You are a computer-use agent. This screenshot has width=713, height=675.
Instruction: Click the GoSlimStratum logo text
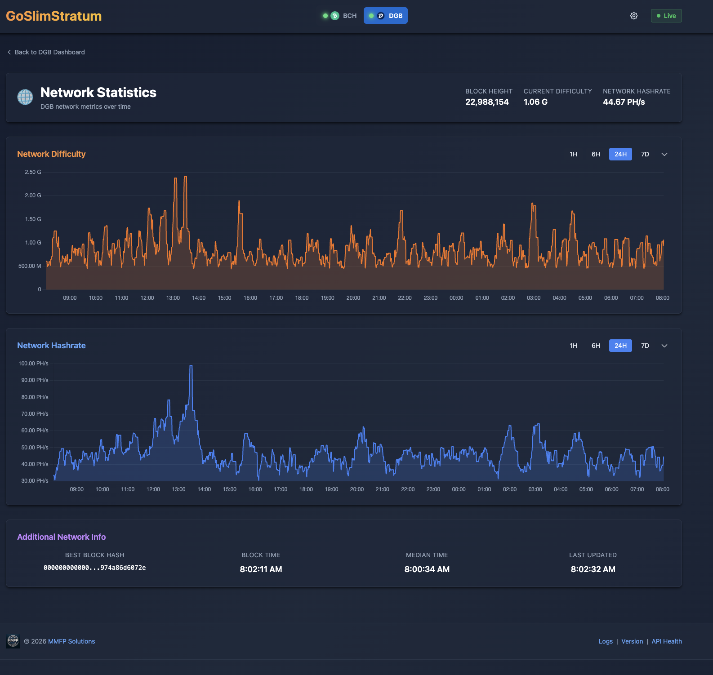pyautogui.click(x=53, y=16)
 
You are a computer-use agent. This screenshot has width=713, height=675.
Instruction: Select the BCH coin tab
pyautogui.click(x=340, y=16)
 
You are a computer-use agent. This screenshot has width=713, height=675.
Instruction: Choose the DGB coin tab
pyautogui.click(x=386, y=16)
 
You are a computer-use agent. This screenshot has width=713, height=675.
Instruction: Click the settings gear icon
pyautogui.click(x=633, y=16)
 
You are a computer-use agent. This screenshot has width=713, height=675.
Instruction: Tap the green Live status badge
pyautogui.click(x=666, y=16)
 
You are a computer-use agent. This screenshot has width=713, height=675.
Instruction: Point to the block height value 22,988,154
pyautogui.click(x=487, y=102)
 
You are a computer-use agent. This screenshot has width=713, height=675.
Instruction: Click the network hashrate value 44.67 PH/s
pyautogui.click(x=624, y=102)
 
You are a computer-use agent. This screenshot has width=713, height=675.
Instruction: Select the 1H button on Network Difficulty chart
pyautogui.click(x=573, y=154)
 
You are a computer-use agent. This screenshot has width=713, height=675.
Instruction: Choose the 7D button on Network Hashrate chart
pyautogui.click(x=645, y=346)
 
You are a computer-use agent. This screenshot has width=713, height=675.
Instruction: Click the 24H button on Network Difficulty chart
pyautogui.click(x=620, y=154)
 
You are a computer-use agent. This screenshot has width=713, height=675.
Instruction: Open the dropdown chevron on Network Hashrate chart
pyautogui.click(x=664, y=346)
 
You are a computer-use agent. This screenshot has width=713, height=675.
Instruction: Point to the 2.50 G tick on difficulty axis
pyautogui.click(x=33, y=172)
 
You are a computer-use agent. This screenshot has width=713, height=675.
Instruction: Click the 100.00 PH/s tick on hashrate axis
pyautogui.click(x=33, y=364)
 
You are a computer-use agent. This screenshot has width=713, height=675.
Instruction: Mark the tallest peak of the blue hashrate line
pyautogui.click(x=191, y=366)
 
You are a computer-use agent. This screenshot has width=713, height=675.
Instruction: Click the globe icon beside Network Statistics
pyautogui.click(x=25, y=97)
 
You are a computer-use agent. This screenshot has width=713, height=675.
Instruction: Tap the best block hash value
pyautogui.click(x=94, y=568)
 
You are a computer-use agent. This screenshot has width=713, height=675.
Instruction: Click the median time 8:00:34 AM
pyautogui.click(x=427, y=569)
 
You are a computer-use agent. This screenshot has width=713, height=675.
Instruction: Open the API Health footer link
pyautogui.click(x=666, y=641)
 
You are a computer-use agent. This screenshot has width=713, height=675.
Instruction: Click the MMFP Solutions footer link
pyautogui.click(x=71, y=641)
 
